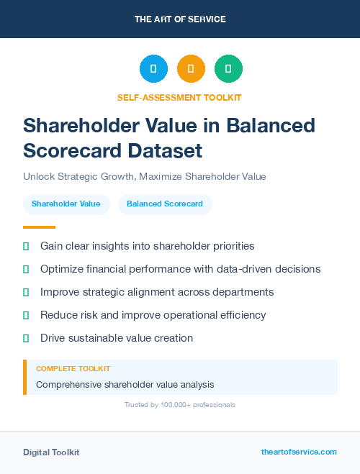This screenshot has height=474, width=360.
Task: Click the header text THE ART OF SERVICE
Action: pos(179,19)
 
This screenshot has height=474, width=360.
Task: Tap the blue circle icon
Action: pos(153,69)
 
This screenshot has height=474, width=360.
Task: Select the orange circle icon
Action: pos(191,69)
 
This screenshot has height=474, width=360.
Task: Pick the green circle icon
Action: pos(228,69)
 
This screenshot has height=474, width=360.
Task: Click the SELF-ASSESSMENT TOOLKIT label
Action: pos(179,97)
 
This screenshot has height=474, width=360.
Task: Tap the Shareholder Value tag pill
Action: pos(66,204)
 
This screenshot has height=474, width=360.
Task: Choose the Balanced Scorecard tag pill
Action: pos(165,204)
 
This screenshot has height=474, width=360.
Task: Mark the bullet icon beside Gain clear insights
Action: pos(26,246)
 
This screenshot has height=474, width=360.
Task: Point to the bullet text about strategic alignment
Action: pos(157,292)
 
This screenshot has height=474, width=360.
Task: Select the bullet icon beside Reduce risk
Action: pos(26,315)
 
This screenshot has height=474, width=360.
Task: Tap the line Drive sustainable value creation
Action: pos(117,338)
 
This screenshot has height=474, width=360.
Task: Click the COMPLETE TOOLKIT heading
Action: pos(73,369)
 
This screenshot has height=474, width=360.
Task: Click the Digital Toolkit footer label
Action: pos(51,452)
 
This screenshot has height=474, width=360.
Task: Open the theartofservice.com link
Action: pos(299,452)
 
